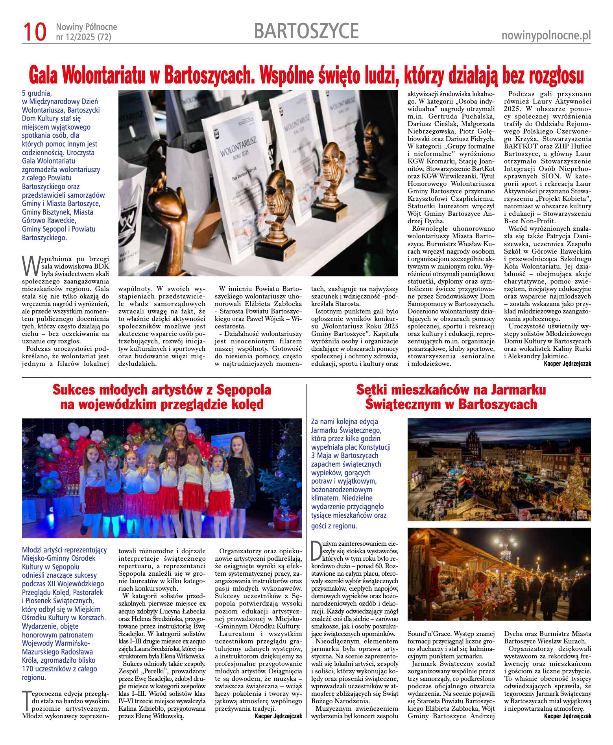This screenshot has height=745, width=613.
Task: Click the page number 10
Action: pyautogui.click(x=35, y=32)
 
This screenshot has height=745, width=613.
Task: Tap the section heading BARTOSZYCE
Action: pyautogui.click(x=306, y=31)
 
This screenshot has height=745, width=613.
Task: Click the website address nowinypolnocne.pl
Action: pyautogui.click(x=546, y=36)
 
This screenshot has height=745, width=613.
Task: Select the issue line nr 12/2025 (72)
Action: pyautogui.click(x=83, y=37)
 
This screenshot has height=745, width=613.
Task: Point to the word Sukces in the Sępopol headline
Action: pyautogui.click(x=74, y=390)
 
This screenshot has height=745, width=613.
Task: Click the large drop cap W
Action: pyautogui.click(x=31, y=266)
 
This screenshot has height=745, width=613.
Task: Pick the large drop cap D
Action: pyautogui.click(x=316, y=550)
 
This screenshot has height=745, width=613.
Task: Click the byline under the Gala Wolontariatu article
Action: pyautogui.click(x=567, y=364)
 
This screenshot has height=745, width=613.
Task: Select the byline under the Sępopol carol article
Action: pyautogui.click(x=278, y=716)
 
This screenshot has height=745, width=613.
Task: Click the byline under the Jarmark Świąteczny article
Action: pyautogui.click(x=567, y=716)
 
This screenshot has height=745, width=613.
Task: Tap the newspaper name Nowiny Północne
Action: pyautogui.click(x=87, y=27)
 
